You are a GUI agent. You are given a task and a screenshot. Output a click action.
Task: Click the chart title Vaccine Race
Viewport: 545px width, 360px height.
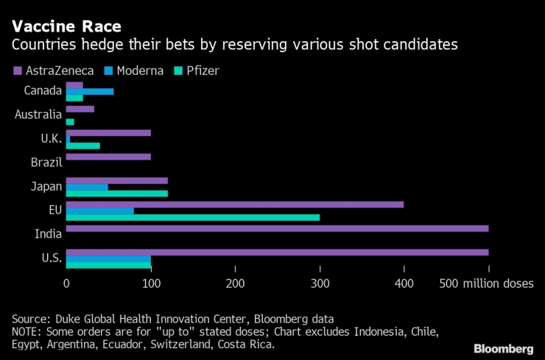(x=66, y=26)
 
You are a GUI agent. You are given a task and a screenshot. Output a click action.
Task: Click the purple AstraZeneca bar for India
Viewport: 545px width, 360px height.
(x=277, y=228)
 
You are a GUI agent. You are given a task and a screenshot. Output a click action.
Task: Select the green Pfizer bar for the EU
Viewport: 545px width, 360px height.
(x=193, y=217)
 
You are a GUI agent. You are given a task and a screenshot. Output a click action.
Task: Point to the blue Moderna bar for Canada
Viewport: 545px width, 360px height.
(x=90, y=91)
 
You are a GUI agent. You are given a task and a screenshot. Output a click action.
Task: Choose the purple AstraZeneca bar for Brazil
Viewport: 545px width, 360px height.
(x=108, y=157)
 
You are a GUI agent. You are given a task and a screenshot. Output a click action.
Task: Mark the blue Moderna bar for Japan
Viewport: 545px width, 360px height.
(x=87, y=187)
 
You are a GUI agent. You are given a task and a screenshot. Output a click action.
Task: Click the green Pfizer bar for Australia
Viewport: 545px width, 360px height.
(x=70, y=121)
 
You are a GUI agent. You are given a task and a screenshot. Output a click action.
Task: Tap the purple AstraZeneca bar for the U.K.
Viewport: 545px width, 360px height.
(x=108, y=133)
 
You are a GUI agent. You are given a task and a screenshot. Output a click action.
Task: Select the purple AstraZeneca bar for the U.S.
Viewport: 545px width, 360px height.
(x=277, y=252)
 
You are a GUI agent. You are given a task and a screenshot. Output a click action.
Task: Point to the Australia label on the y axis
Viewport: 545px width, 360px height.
(x=38, y=115)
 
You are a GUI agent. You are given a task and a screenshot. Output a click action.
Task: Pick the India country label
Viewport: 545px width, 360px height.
(x=49, y=234)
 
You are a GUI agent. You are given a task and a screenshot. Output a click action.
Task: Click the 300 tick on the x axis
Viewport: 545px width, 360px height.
(x=320, y=283)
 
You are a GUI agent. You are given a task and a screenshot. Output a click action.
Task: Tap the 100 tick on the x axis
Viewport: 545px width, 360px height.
(x=150, y=283)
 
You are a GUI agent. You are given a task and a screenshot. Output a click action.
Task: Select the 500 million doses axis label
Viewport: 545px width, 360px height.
(x=487, y=283)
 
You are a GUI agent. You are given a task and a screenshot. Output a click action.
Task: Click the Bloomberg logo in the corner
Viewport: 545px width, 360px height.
(x=503, y=347)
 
